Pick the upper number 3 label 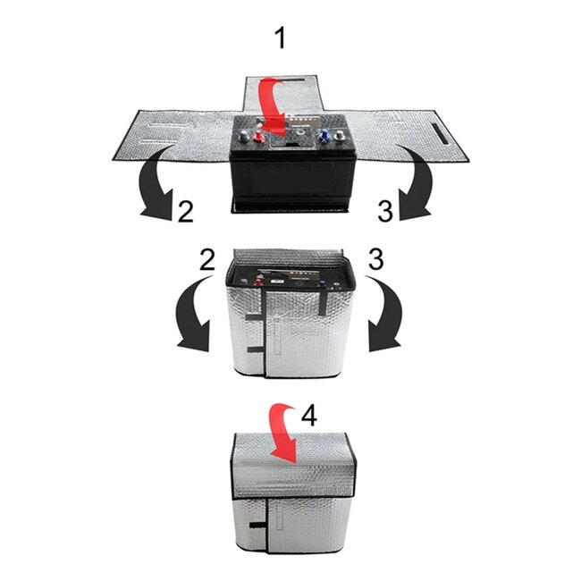coord(385,212)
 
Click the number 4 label coord(308,415)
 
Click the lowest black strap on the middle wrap coord(257,347)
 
